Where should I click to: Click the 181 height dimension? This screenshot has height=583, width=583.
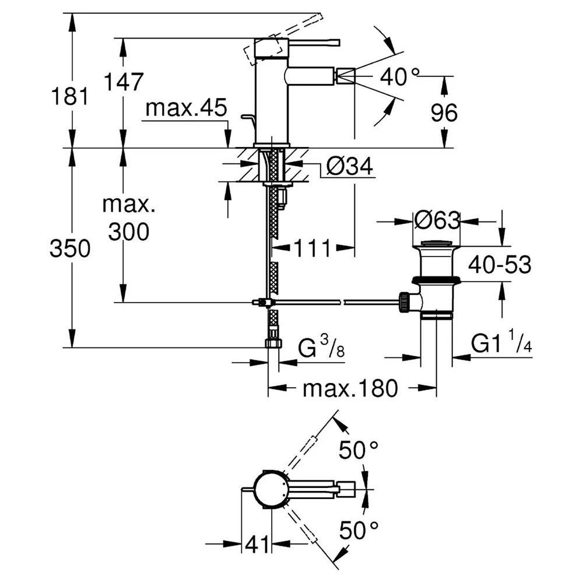click(70, 96)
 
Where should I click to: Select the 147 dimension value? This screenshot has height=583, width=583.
click(124, 82)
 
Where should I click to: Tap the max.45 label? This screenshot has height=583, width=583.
click(186, 108)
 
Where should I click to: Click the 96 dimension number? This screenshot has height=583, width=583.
click(444, 113)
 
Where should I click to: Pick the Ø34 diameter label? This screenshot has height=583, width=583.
click(349, 166)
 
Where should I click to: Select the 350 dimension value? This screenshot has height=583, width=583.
click(70, 248)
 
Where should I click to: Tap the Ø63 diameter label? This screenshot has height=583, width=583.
click(437, 221)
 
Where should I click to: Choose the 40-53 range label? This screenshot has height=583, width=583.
click(500, 265)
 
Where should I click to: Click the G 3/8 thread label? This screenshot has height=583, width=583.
click(321, 346)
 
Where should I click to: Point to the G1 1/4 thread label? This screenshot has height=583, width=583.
click(501, 342)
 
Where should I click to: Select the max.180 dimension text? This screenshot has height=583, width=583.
click(350, 388)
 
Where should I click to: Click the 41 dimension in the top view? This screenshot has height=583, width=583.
click(257, 545)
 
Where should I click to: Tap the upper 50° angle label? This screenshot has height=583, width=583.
click(359, 450)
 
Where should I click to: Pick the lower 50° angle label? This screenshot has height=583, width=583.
click(359, 530)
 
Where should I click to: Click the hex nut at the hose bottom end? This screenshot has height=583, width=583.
click(273, 343)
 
